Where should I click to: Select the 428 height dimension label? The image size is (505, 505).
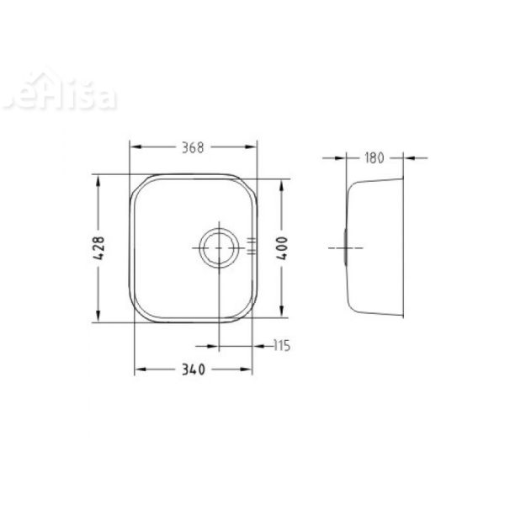coord(99,248)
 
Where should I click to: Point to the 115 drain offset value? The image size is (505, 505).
coord(281,345)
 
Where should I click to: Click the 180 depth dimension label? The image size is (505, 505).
coord(375,157)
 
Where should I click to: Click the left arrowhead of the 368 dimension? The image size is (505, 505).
coord(132,146)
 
